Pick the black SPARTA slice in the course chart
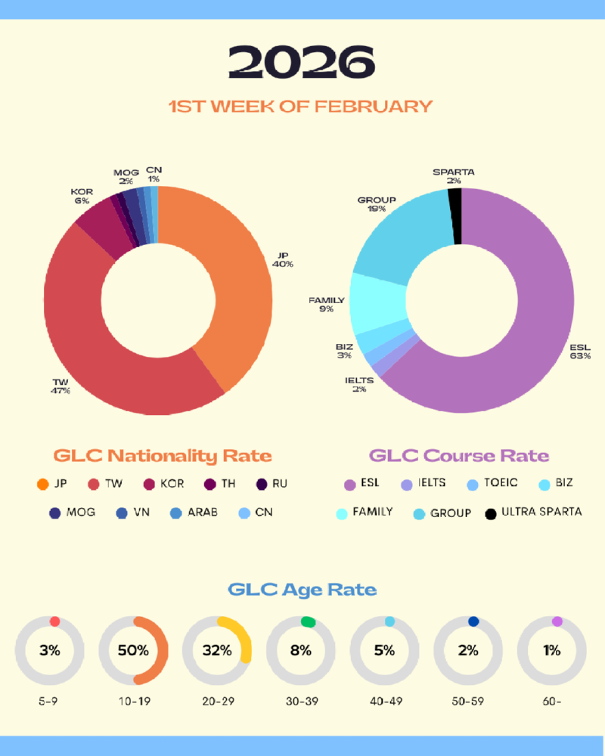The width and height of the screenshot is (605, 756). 455,216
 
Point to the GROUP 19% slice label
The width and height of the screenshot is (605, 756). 377,203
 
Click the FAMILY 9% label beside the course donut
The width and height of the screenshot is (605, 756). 327,304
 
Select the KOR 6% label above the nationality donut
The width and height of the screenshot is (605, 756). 82,197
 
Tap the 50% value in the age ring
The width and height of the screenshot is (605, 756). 133,650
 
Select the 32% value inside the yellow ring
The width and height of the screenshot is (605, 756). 216,650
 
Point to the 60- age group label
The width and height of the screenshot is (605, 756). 551,701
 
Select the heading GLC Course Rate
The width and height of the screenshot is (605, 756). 459,456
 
